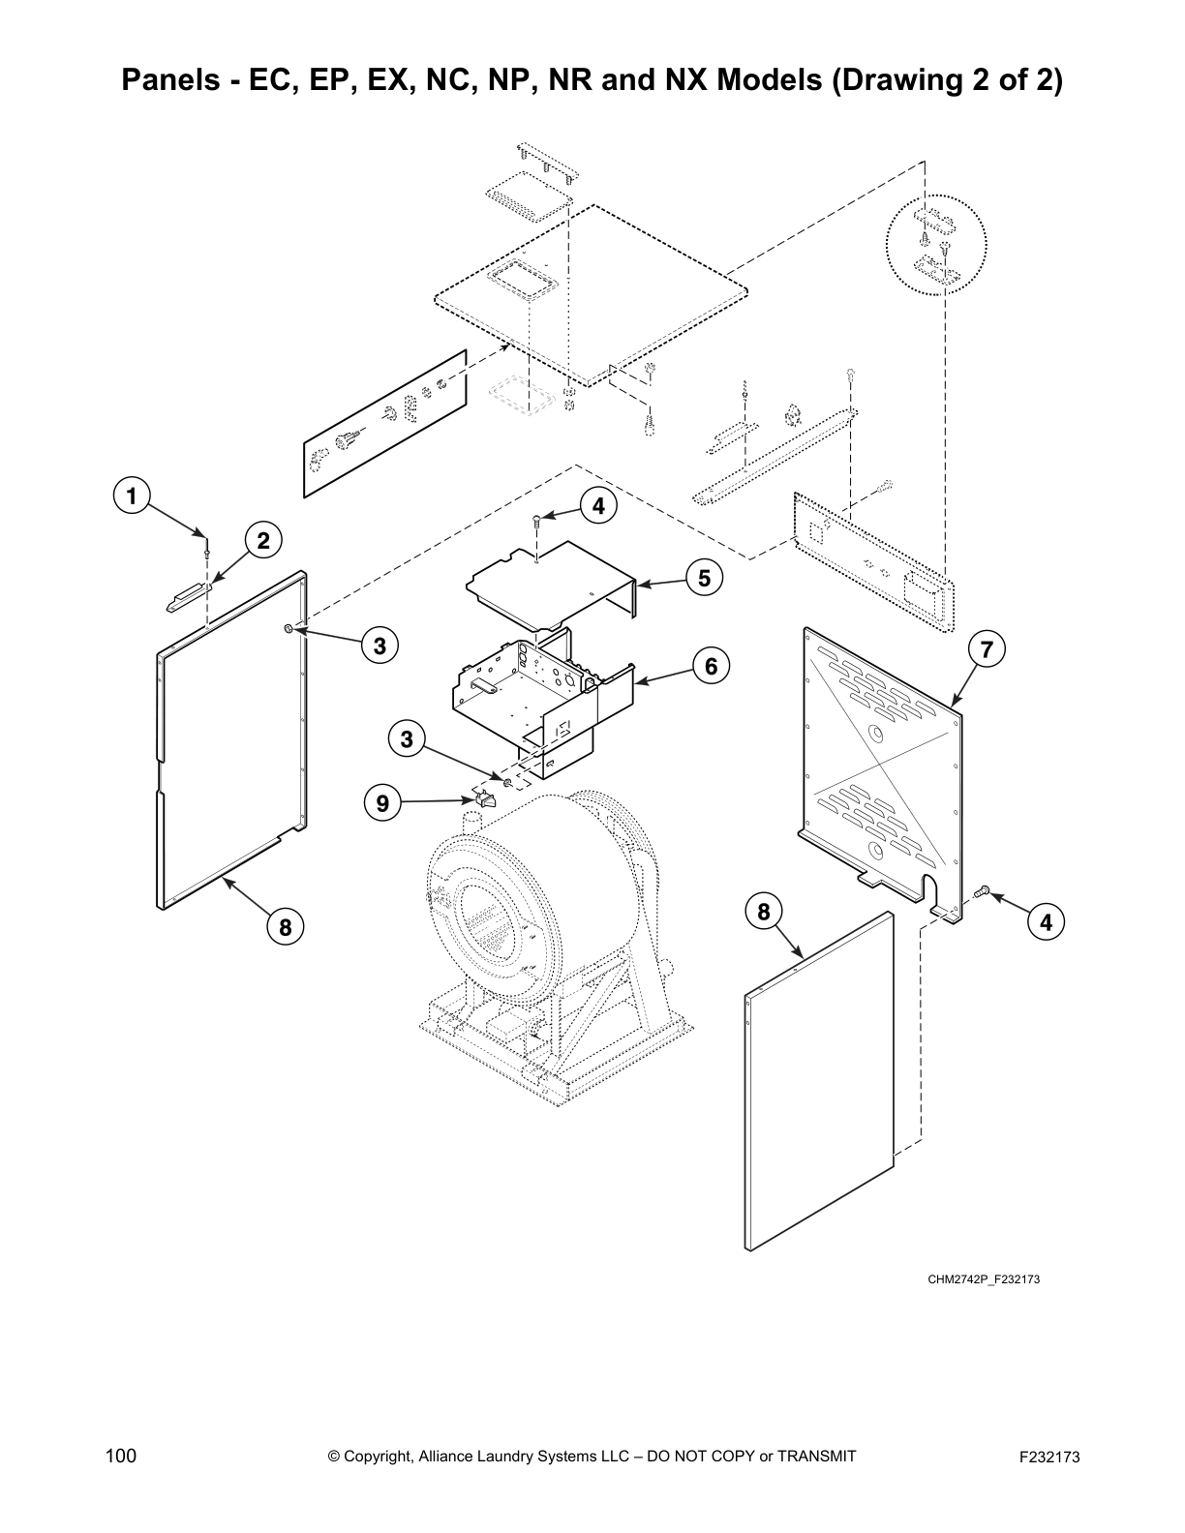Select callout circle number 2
click(x=262, y=540)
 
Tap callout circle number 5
click(x=704, y=578)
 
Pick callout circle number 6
click(x=711, y=666)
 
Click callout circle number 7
click(x=986, y=649)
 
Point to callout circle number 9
click(x=382, y=802)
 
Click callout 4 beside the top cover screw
click(x=598, y=505)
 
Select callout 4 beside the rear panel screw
click(x=1046, y=922)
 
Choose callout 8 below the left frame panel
click(x=285, y=927)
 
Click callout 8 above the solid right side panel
click(x=764, y=912)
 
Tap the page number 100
click(x=121, y=1457)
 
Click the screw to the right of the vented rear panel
click(x=982, y=889)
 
